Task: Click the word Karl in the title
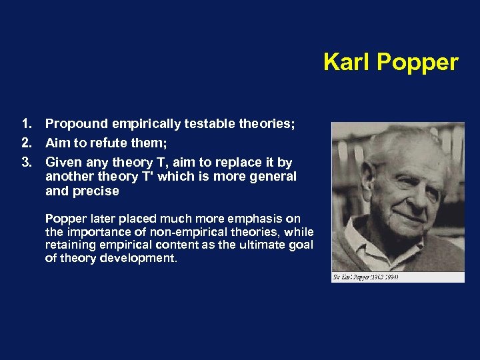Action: (x=347, y=62)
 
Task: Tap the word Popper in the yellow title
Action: (x=417, y=63)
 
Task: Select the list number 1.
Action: (x=27, y=124)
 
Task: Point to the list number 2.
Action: (x=27, y=143)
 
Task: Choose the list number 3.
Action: (x=27, y=163)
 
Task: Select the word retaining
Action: (x=69, y=245)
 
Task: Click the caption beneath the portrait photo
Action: (x=365, y=277)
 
